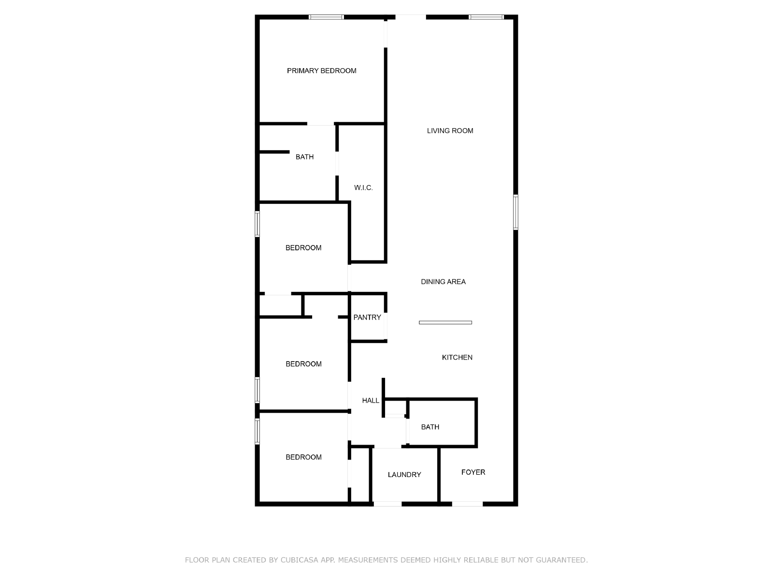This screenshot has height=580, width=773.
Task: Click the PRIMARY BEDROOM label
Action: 321,71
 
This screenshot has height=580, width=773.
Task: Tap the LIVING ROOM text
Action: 450,130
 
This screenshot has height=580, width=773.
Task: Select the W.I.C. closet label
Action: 363,188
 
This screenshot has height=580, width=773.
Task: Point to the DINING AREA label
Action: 443,282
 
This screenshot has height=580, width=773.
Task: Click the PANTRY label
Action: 367,317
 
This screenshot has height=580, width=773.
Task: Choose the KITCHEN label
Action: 457,358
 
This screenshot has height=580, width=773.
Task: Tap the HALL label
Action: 371,400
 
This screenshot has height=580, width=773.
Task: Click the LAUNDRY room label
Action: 404,475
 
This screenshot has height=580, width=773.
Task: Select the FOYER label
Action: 473,472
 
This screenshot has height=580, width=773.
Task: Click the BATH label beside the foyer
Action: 430,427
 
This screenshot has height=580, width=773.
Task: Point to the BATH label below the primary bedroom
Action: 304,157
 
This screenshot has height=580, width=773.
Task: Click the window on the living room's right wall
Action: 515,212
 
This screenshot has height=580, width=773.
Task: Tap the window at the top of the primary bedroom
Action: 326,17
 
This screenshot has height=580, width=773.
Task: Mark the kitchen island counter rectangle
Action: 445,322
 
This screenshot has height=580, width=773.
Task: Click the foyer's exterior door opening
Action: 467,504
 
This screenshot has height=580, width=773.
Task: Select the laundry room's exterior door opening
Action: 387,504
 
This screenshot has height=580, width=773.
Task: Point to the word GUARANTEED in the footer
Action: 561,560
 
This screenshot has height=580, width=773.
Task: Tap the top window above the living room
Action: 486,17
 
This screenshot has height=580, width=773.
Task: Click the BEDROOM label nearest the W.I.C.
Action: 303,248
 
